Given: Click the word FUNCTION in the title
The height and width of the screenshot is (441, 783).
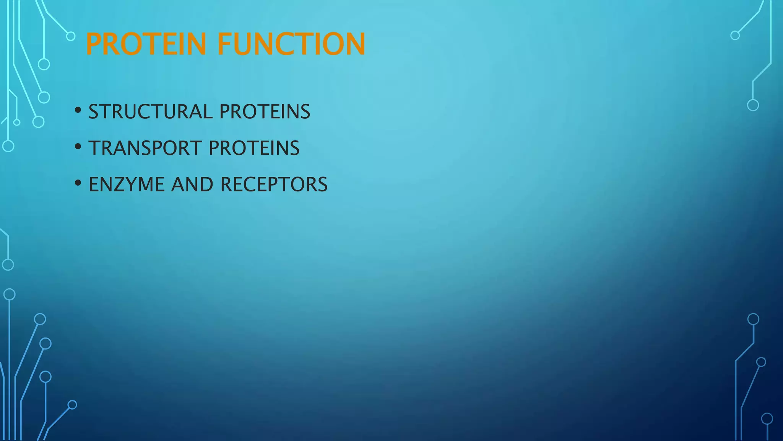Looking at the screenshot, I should point(291,44).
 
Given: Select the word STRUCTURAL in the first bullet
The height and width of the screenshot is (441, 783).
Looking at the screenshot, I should point(150,112).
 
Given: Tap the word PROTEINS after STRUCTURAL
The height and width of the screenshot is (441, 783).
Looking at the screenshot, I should point(265,112).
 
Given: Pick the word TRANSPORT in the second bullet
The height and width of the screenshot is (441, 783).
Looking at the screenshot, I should point(145,148).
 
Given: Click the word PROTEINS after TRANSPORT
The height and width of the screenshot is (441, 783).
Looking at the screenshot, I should point(254,148).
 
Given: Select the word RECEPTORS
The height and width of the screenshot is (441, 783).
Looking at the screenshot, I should point(274,185).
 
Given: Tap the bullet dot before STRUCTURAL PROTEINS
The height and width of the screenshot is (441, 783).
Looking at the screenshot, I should point(78,110).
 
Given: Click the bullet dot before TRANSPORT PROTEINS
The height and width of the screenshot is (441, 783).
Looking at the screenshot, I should point(78,147).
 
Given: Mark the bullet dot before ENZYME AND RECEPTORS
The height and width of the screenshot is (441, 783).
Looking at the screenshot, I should point(78,183).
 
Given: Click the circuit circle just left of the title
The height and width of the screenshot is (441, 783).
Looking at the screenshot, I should point(71,36).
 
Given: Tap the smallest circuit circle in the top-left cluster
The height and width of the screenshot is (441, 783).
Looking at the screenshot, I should point(17,122).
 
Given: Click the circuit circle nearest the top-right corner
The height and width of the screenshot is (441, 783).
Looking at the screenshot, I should point(735,36).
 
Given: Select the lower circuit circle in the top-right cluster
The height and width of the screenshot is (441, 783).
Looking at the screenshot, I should point(753,105).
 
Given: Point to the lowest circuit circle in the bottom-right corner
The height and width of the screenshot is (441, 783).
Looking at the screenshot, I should point(767,419).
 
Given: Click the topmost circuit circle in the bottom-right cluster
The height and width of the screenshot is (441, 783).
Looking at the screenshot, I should point(753,319).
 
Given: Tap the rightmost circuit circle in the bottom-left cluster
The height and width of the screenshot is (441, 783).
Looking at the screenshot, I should point(72,405).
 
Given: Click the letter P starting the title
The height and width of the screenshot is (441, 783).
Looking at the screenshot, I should point(94,44).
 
